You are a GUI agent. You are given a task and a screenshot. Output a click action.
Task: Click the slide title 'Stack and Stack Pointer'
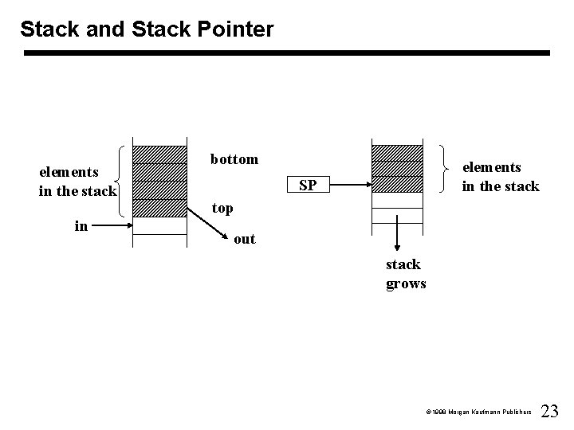click(147, 29)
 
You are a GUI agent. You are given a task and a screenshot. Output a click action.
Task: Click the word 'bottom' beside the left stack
click(234, 159)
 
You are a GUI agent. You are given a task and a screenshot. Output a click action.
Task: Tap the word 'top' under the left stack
click(222, 209)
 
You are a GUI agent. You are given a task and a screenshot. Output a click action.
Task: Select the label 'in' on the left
click(81, 226)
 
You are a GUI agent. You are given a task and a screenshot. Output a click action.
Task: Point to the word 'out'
click(245, 239)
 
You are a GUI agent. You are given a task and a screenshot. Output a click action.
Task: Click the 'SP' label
click(308, 186)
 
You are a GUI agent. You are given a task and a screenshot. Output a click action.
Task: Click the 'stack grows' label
click(406, 274)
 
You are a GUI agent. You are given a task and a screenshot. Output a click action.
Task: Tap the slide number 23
click(550, 411)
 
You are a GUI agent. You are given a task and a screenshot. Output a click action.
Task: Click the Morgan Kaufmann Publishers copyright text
click(478, 412)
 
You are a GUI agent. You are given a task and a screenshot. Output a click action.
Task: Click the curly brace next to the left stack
click(122, 181)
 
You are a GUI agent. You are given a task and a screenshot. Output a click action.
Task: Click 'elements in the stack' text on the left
click(77, 181)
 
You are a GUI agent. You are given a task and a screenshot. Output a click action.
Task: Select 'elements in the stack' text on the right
click(501, 177)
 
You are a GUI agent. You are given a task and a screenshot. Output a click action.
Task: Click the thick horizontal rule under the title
click(286, 53)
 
